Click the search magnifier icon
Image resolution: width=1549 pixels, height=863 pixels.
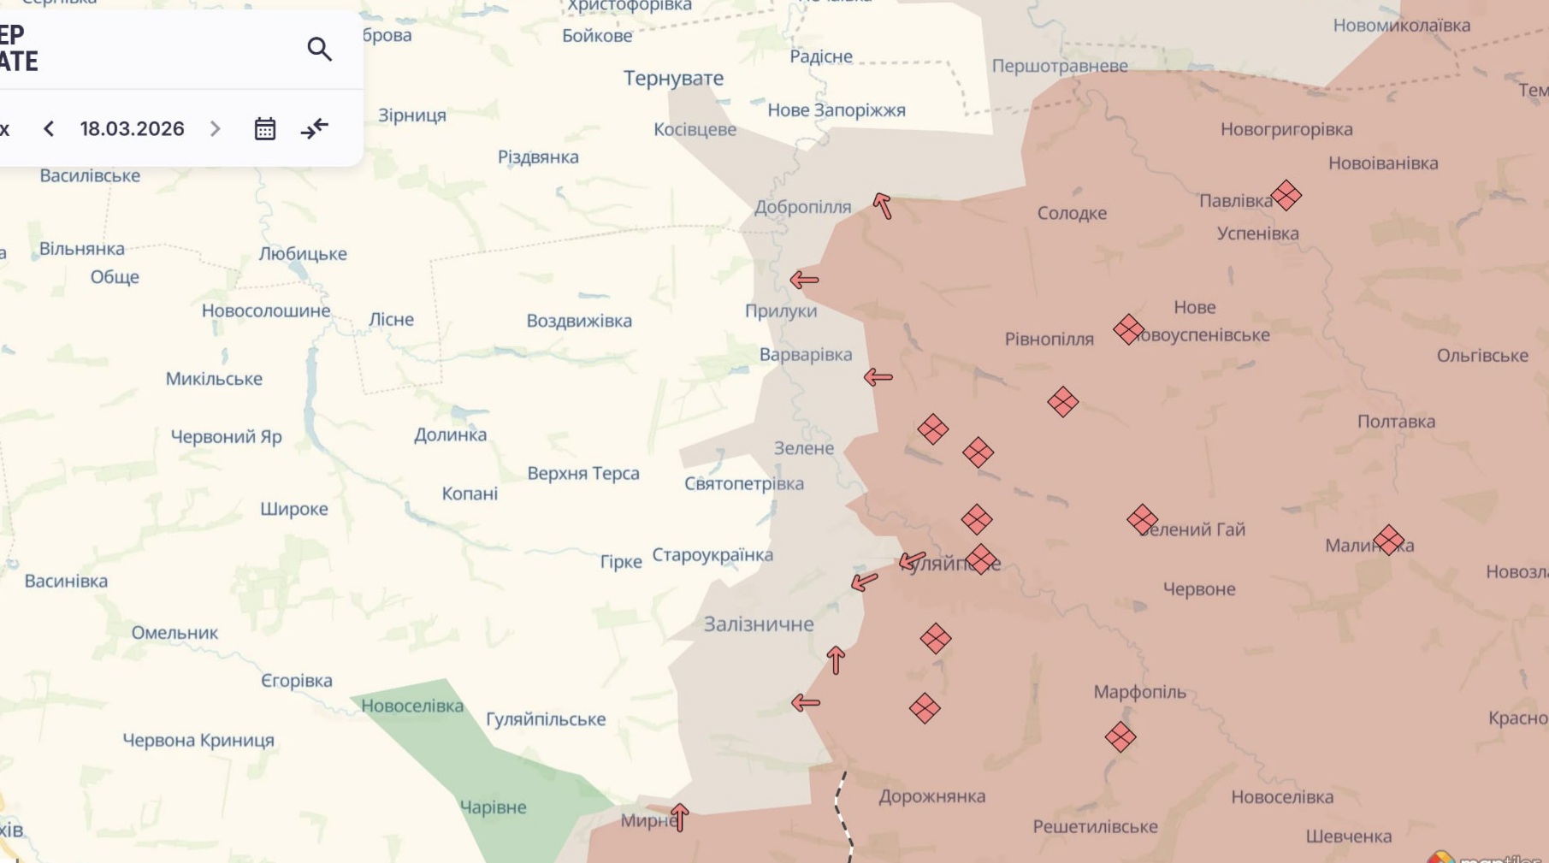point(319,50)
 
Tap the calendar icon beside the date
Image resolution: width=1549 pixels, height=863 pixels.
point(265,129)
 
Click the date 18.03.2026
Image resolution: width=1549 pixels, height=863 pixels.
point(133,129)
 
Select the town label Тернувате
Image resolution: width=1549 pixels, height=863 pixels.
point(673,79)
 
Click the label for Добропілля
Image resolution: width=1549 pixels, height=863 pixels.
point(802,207)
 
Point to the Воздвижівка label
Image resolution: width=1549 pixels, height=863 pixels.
point(579,321)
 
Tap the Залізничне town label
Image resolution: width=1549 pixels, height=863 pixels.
point(759,624)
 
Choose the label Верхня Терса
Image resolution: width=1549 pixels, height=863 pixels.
point(583,474)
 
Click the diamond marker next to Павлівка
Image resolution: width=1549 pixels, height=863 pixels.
point(1286,196)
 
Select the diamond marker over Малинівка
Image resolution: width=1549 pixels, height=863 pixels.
point(1388,540)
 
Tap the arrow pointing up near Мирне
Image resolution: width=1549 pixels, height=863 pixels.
point(680,817)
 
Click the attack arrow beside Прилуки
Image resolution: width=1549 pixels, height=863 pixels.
point(804,280)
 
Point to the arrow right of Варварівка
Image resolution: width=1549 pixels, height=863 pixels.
point(878,377)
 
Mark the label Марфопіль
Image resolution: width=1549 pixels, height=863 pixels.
point(1139,692)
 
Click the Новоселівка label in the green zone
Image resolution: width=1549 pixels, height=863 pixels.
point(412,706)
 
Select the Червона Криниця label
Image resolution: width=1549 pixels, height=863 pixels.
point(198,741)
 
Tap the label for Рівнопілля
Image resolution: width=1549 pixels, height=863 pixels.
point(1049,340)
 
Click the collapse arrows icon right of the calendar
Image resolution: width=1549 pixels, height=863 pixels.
point(315,129)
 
